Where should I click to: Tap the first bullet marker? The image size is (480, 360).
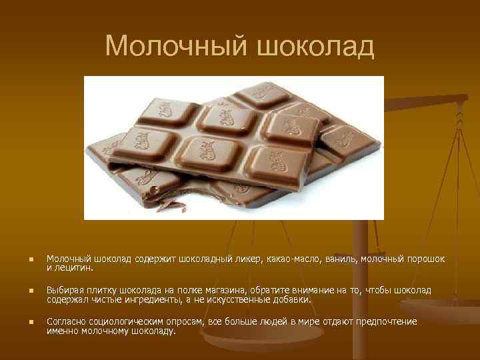pyautogui.click(x=23, y=259)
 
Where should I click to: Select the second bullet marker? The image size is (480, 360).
pyautogui.click(x=23, y=291)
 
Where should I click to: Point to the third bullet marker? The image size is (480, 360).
pyautogui.click(x=23, y=323)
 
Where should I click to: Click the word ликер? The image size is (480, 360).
pyautogui.click(x=249, y=259)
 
